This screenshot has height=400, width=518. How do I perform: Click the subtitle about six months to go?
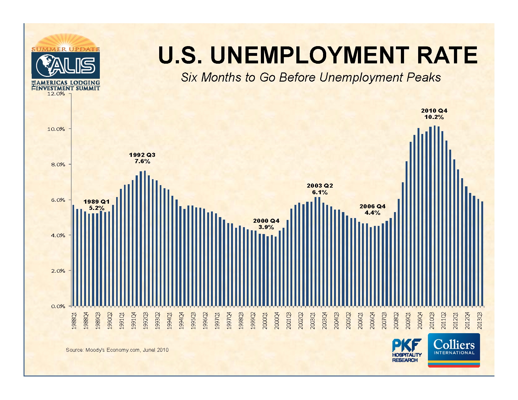point(311,77)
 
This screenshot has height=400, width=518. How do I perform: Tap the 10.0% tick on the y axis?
point(56,129)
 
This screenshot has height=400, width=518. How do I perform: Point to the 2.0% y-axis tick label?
point(58,271)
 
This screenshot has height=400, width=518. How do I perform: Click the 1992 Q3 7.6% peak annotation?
point(142,158)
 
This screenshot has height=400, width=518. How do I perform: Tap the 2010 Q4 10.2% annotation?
point(434,114)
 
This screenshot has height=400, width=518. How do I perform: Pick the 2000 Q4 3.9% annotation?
point(266,224)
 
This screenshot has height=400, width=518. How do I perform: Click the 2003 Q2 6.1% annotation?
point(320,189)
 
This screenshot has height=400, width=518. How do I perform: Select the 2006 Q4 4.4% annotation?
point(372,210)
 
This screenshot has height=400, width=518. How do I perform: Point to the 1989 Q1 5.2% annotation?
point(96,205)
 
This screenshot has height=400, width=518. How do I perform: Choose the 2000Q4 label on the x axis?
point(277,320)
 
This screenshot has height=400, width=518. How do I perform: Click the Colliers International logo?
point(454,350)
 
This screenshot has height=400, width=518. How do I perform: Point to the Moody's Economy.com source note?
point(117,350)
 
